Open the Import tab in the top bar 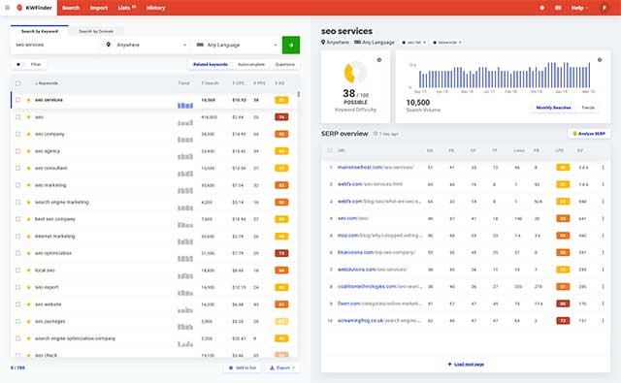99,8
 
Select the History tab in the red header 155,8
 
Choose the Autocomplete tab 251,64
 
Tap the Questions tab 285,64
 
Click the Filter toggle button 32,64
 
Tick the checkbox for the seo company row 17,133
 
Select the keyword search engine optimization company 76,338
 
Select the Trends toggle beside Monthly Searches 588,107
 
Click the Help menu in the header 579,8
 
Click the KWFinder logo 32,8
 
